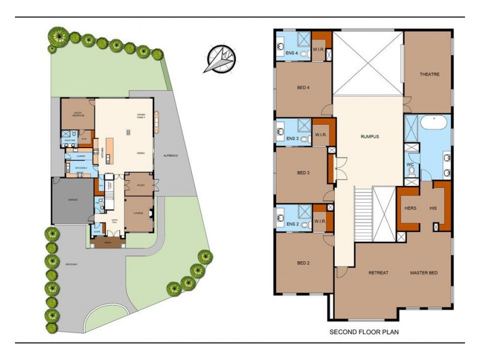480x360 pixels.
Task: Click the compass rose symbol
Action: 219,58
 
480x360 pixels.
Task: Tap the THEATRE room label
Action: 430,74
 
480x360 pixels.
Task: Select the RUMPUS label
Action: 370,136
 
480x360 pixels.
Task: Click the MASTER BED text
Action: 424,273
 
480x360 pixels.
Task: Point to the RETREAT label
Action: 378,273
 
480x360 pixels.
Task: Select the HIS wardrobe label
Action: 433,208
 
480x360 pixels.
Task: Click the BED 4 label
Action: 304,88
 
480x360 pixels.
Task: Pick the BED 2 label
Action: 304,263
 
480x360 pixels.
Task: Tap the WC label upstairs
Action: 410,164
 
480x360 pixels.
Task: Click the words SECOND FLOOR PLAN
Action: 364,331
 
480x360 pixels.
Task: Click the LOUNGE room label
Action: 138,212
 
